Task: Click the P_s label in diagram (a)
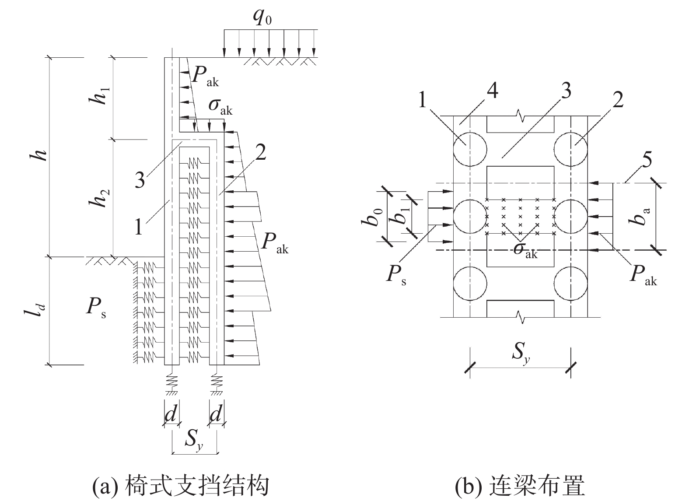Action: coord(96,308)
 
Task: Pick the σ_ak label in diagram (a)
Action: coord(220,107)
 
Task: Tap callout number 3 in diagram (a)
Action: coord(140,179)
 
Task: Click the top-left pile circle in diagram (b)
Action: coord(470,150)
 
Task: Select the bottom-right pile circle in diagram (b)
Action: coord(570,284)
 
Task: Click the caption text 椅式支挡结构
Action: coord(196,486)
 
